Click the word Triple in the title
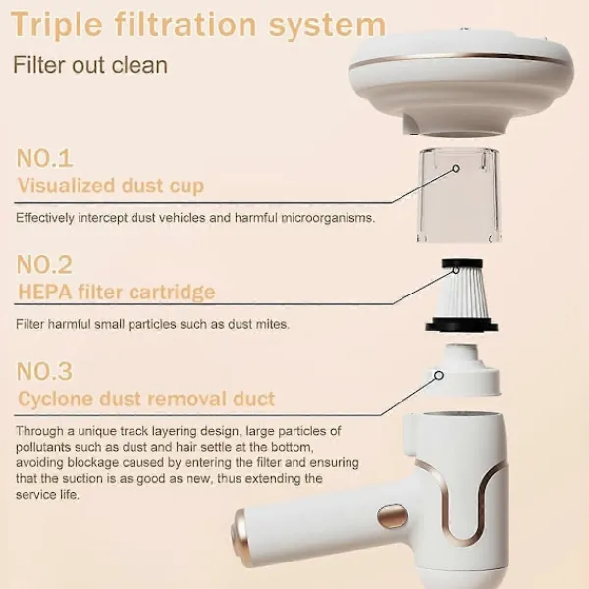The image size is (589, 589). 56,26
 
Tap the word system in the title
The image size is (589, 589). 328,26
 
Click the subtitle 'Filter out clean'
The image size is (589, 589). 90,64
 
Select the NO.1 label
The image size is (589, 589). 44,158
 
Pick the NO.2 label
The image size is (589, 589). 44,265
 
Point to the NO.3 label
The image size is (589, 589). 44,371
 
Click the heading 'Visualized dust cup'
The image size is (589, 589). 111,186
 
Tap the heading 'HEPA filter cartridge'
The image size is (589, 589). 117,292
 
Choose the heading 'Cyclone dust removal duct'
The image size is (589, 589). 146,399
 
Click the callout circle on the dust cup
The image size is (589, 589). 456,168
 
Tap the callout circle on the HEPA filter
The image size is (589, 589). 455,270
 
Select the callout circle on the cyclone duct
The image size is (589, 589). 439,375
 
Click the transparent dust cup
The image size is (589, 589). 458,195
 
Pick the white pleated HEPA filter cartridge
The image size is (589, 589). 461,295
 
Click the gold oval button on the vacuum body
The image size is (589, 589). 393,516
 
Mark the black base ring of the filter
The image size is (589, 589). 461,325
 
